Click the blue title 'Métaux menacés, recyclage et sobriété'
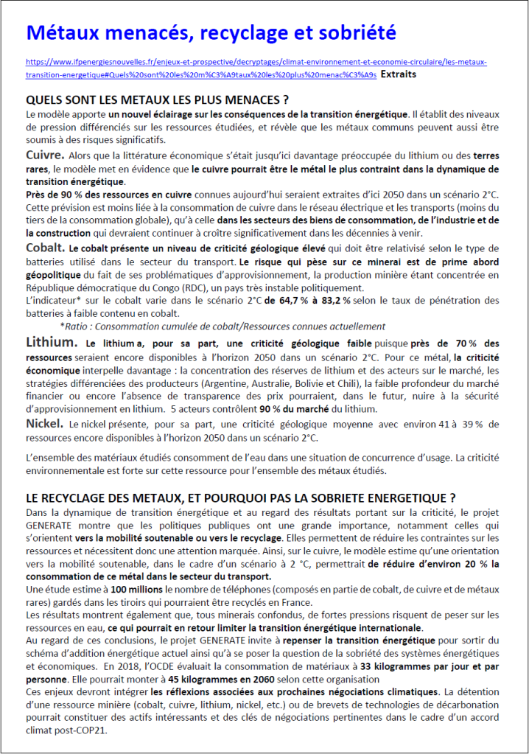click(211, 33)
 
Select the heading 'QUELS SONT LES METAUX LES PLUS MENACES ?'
click(157, 100)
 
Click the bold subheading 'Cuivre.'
click(45, 156)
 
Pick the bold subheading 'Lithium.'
click(52, 343)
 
